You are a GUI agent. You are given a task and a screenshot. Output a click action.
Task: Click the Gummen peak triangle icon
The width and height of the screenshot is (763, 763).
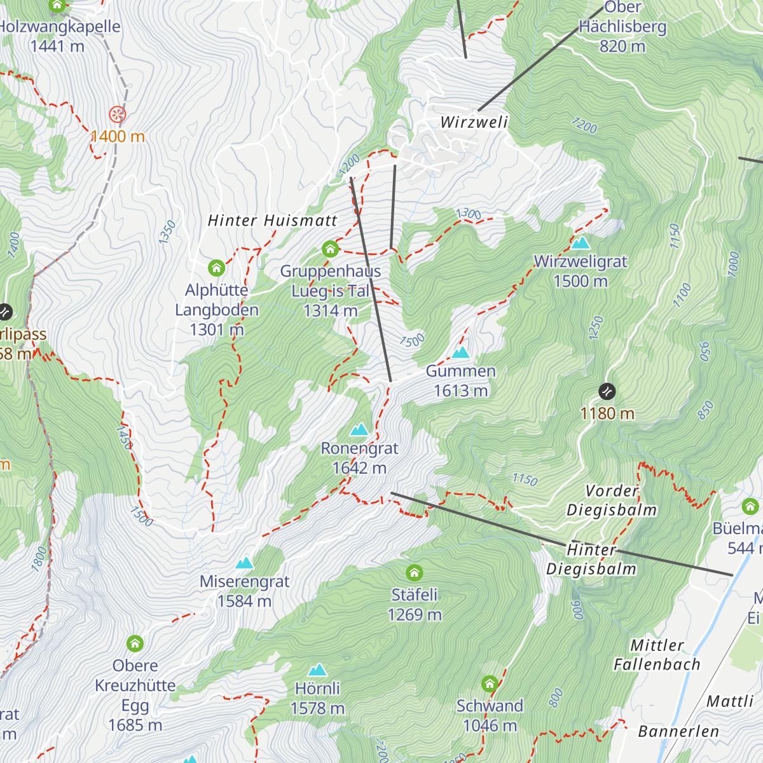(x=460, y=352)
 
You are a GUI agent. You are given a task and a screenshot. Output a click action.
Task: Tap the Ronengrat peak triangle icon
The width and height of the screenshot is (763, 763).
(x=359, y=430)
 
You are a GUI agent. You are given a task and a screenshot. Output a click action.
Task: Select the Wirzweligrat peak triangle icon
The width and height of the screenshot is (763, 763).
(x=580, y=243)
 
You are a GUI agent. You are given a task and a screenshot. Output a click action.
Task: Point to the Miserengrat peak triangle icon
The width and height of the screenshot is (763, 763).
(x=244, y=563)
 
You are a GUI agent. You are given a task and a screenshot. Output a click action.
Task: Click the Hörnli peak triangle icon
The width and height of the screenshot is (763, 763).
(x=317, y=670)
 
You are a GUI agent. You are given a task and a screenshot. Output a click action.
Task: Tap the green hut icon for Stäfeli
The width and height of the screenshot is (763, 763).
(x=415, y=573)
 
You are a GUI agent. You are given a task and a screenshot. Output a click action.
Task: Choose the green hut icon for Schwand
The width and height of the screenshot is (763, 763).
(x=489, y=684)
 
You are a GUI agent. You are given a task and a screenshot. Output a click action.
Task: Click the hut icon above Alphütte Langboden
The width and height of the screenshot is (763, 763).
(x=216, y=268)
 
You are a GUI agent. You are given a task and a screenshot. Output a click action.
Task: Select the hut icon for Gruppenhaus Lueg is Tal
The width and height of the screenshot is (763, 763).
(x=330, y=249)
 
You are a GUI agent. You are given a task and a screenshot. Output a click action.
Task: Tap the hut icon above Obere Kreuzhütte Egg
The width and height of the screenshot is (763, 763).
(x=135, y=643)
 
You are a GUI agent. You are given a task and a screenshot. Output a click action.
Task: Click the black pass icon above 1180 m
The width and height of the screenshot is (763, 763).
(x=607, y=390)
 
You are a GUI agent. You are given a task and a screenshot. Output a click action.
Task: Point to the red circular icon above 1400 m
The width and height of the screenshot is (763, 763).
(x=118, y=114)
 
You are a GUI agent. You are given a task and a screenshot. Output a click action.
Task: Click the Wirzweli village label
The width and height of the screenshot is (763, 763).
(x=474, y=122)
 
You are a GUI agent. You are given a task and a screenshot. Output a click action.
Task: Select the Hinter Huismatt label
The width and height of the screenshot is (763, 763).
(x=273, y=221)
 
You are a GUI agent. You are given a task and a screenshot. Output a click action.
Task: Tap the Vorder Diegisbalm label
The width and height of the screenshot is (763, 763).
(x=612, y=500)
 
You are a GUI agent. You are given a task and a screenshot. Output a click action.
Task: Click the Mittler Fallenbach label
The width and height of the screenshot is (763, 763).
(x=657, y=655)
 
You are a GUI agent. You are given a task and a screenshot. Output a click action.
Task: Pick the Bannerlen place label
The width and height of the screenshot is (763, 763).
(x=678, y=731)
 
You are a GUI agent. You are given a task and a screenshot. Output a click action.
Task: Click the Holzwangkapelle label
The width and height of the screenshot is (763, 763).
(x=58, y=27)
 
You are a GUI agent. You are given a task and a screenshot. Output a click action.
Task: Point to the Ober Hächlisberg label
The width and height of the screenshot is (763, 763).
(x=622, y=27)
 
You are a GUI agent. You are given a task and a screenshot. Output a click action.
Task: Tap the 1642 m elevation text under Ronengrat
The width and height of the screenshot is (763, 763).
(x=359, y=468)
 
